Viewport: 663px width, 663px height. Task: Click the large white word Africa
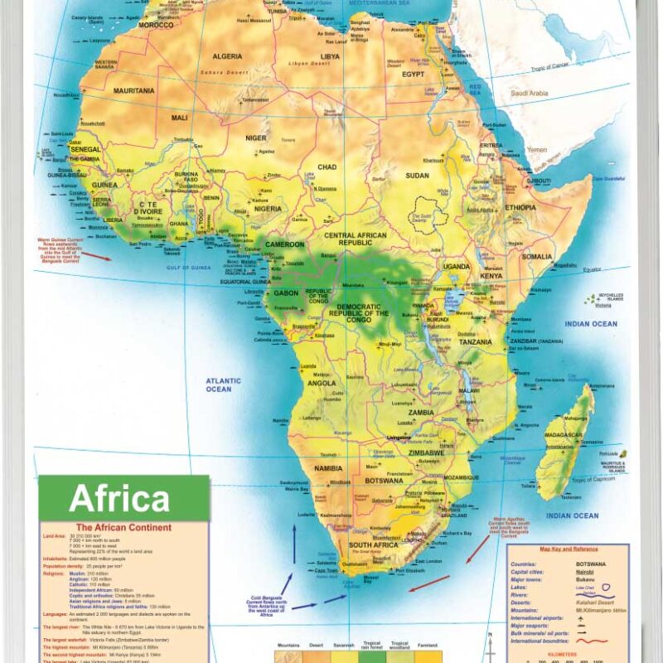click(x=119, y=499)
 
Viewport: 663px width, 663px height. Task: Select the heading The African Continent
click(x=123, y=528)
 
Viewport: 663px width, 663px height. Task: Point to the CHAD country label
click(x=327, y=167)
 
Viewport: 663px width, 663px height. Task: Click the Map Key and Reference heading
click(x=568, y=549)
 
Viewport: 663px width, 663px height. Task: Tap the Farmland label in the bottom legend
click(x=429, y=644)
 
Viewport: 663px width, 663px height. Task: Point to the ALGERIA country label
click(x=228, y=56)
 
